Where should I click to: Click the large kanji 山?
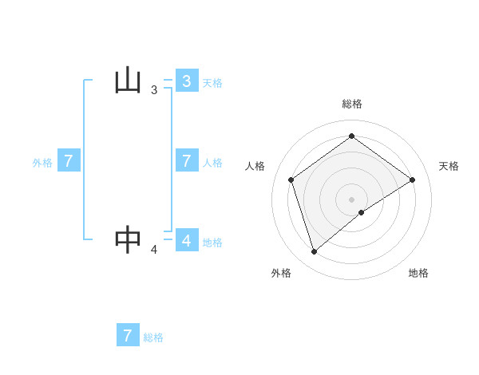[x=129, y=81]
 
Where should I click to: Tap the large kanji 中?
[x=129, y=239]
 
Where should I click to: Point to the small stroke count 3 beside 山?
[x=154, y=91]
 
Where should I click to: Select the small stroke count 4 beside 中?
[x=154, y=250]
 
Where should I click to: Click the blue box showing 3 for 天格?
[x=187, y=81]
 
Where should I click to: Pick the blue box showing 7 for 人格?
[x=187, y=160]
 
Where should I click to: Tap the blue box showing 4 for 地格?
[x=187, y=239]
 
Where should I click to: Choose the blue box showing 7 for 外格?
[x=69, y=160]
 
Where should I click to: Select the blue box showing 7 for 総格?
[x=128, y=335]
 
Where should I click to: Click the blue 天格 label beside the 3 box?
[x=212, y=83]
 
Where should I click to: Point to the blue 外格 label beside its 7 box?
[x=42, y=163]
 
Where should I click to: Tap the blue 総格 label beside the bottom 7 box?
[x=153, y=337]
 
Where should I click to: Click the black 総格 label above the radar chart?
[x=351, y=104]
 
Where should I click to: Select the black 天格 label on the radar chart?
[x=449, y=166]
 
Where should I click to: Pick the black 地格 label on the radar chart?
[x=418, y=273]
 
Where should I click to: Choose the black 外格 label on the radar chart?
[x=281, y=273]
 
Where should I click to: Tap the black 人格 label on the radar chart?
[x=255, y=166]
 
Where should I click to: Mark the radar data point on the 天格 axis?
[x=412, y=180]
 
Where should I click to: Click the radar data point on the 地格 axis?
[x=362, y=212]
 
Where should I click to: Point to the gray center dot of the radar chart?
[x=351, y=199]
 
